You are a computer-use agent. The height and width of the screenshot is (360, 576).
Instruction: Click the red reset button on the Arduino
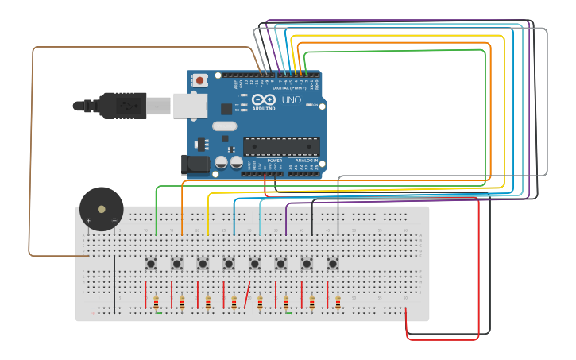click(x=199, y=80)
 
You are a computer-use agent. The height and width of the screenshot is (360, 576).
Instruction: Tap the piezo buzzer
click(x=101, y=209)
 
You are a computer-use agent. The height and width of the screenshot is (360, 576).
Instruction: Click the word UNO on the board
click(x=291, y=99)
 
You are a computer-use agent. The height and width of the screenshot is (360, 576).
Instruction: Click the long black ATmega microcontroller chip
click(x=281, y=146)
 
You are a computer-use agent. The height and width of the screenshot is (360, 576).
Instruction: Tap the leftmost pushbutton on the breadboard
click(x=151, y=263)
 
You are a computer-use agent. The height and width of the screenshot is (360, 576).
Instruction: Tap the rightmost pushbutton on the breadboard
click(x=333, y=263)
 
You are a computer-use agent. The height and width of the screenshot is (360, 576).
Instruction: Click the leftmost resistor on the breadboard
click(x=157, y=302)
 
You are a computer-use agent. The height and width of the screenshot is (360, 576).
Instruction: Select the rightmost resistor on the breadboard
click(x=338, y=302)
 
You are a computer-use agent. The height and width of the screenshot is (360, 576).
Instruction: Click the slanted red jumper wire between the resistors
click(x=248, y=294)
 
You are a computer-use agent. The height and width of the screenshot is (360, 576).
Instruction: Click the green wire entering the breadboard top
click(x=157, y=215)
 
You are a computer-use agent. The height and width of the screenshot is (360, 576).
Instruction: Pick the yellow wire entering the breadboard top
click(x=208, y=215)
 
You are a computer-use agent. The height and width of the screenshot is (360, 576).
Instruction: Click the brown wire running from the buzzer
click(x=32, y=159)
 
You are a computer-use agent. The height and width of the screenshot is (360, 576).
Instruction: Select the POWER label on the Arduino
click(x=274, y=160)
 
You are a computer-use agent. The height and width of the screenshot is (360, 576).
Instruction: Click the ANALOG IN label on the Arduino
click(x=307, y=160)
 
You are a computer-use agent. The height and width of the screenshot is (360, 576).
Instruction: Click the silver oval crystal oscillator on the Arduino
click(x=225, y=126)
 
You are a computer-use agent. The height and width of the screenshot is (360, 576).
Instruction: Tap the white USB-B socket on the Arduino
click(x=190, y=105)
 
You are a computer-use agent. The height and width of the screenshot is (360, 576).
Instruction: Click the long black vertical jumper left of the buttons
click(x=114, y=284)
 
